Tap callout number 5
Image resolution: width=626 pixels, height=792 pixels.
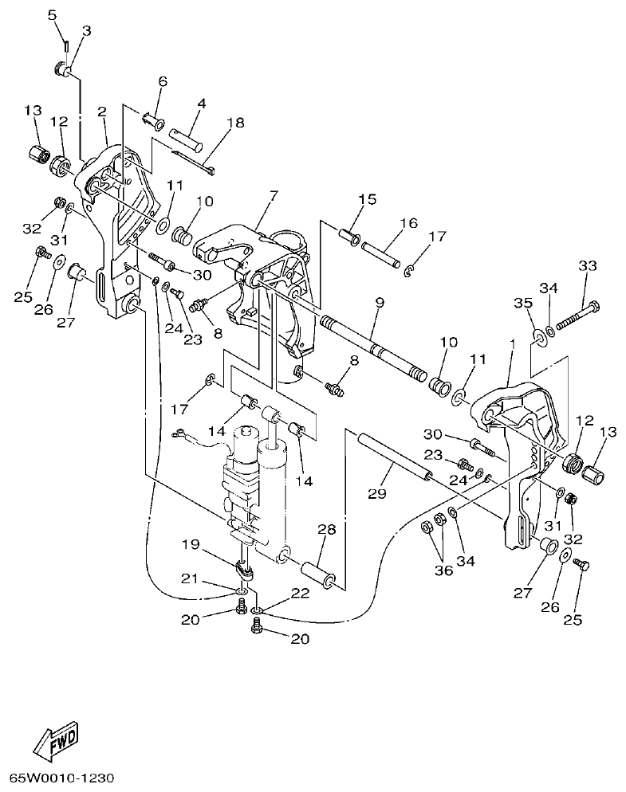point(52,15)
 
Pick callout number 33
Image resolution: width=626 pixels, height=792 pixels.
point(587,266)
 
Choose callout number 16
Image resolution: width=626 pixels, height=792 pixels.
point(408,224)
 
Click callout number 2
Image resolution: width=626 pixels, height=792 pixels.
point(102,112)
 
